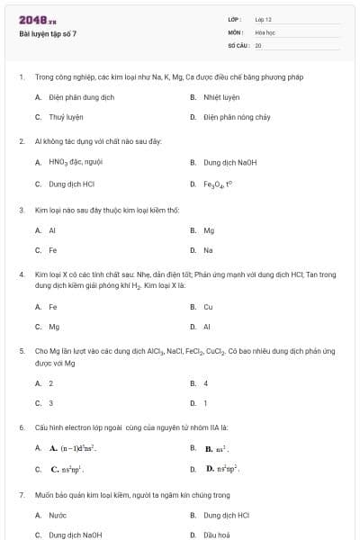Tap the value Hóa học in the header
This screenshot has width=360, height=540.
coord(265,31)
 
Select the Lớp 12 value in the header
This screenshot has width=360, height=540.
coord(263,19)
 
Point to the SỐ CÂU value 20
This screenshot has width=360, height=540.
coord(258,44)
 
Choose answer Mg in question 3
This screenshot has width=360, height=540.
coord(209,229)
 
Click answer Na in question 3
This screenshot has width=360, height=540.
coord(208,250)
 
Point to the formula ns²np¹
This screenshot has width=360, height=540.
coord(73,469)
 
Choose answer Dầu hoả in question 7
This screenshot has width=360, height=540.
coord(217,535)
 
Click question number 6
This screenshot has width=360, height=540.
coord(21,427)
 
